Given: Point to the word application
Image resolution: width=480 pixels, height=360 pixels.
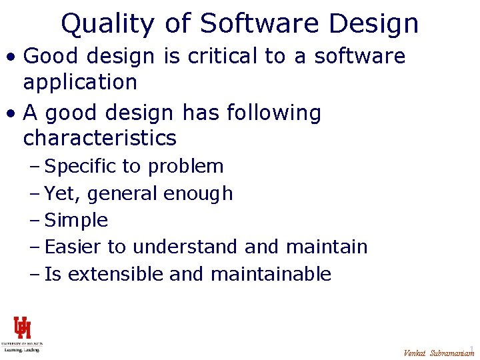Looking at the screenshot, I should click(x=80, y=83).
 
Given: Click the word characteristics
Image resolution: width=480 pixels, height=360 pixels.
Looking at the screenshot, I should click(x=100, y=139).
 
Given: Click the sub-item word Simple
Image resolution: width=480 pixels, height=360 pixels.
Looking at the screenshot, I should click(x=76, y=220).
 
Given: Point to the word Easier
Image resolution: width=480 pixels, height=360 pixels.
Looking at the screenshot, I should click(x=73, y=247).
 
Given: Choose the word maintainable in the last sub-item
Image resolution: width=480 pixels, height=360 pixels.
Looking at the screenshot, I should click(x=271, y=273).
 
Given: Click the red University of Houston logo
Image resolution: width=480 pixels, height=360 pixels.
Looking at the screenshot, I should click(x=22, y=328).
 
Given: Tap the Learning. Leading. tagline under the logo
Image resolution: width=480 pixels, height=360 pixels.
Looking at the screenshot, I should click(x=22, y=349).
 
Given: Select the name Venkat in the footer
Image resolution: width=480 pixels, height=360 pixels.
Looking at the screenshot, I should click(x=415, y=353).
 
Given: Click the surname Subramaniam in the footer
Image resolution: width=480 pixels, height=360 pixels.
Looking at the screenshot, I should click(x=452, y=353).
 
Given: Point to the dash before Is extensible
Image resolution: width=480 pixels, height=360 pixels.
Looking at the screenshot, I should click(x=35, y=274).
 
